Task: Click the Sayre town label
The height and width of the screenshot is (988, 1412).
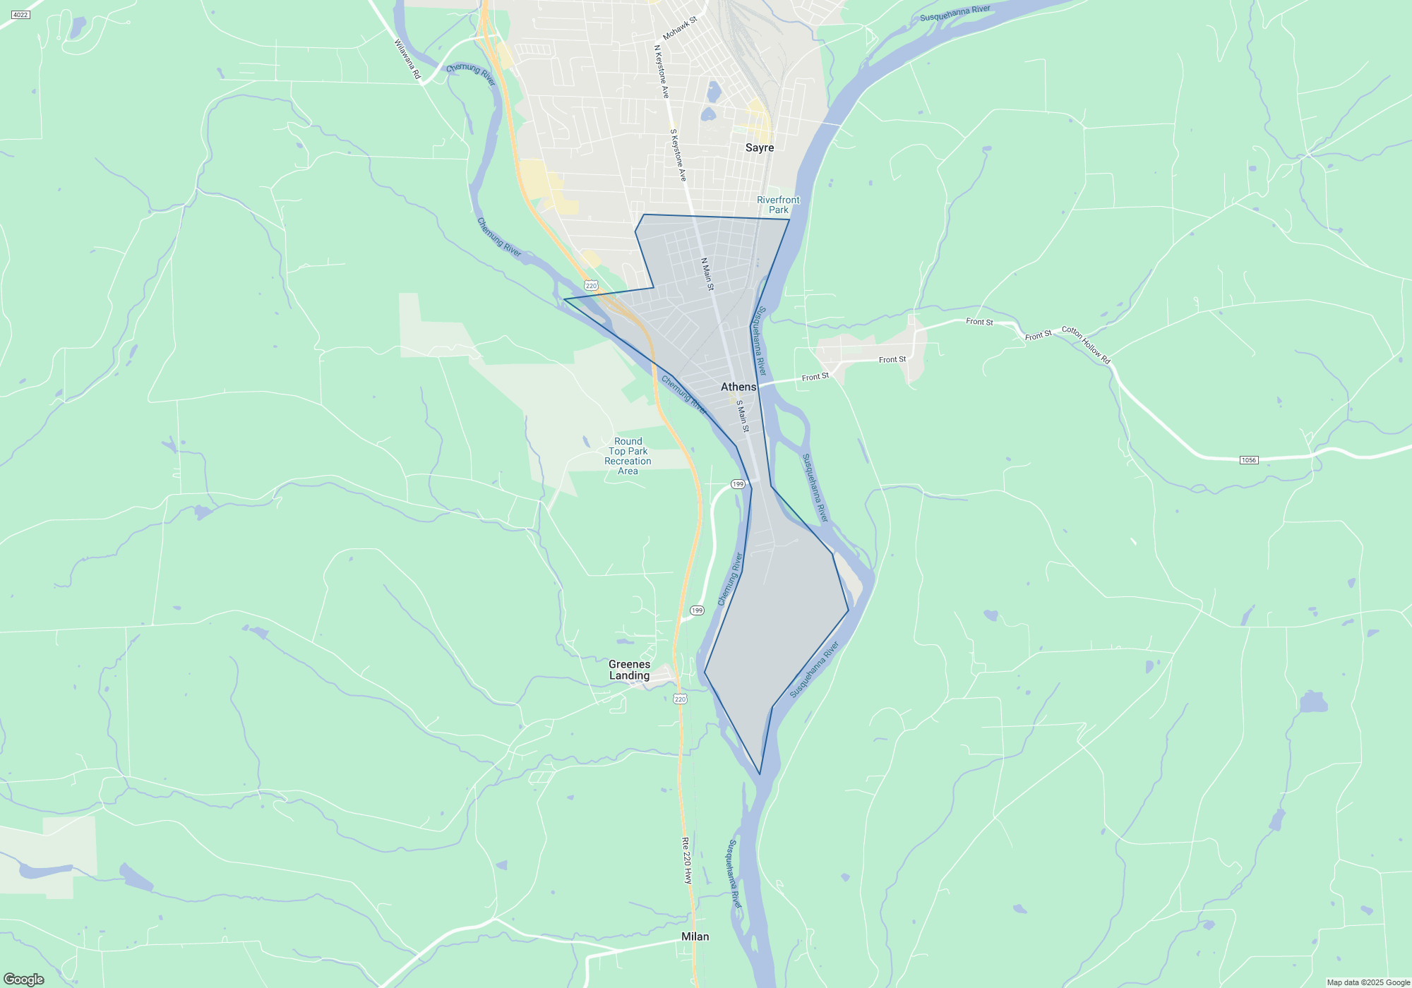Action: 760,147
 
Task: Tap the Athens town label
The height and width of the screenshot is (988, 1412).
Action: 738,387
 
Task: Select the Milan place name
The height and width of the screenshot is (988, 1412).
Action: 695,936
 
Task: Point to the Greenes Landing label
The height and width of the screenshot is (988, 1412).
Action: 629,670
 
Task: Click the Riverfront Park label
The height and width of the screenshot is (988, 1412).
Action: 778,205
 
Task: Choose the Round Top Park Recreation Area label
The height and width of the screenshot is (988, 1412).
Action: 628,456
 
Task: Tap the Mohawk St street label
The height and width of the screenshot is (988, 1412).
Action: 680,28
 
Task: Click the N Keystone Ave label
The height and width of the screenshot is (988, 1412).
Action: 662,71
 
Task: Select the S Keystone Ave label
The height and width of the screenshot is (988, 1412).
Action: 678,155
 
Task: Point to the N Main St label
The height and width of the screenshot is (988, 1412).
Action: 707,274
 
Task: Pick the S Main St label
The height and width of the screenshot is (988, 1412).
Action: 743,416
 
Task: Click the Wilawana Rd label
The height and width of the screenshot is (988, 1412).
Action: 407,59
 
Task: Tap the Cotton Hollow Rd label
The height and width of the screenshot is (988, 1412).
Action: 1086,344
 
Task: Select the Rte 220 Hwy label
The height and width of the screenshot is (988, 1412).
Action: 687,860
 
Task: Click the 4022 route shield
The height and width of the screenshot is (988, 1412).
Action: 20,15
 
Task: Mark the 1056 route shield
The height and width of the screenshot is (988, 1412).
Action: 1248,460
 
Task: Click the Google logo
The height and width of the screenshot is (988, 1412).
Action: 24,980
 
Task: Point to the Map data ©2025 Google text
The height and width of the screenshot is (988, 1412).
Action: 1368,982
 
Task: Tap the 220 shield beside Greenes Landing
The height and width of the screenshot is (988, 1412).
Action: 680,699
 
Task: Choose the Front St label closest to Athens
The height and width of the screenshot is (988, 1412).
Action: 815,377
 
